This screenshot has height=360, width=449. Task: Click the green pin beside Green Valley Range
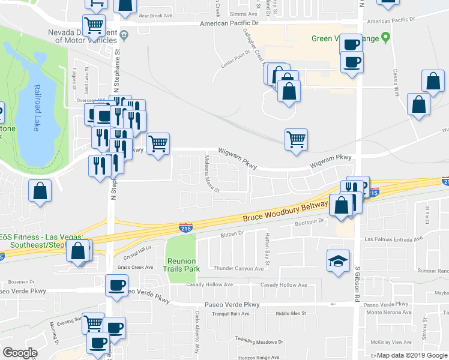click(387, 38)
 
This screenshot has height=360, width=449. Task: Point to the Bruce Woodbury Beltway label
click(285, 212)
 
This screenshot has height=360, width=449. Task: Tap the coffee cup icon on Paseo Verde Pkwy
click(116, 286)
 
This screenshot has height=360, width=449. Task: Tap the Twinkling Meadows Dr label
click(258, 341)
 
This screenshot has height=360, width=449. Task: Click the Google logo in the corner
click(20, 353)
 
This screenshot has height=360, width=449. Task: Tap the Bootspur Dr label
click(310, 223)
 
